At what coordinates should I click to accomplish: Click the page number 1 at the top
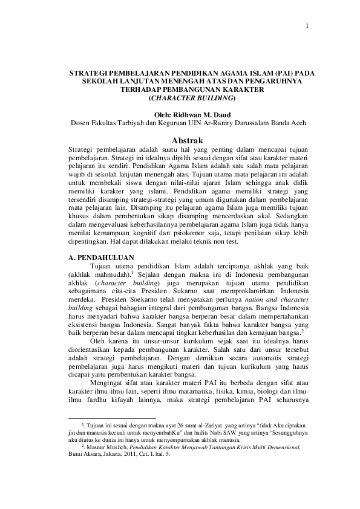click(307, 26)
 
